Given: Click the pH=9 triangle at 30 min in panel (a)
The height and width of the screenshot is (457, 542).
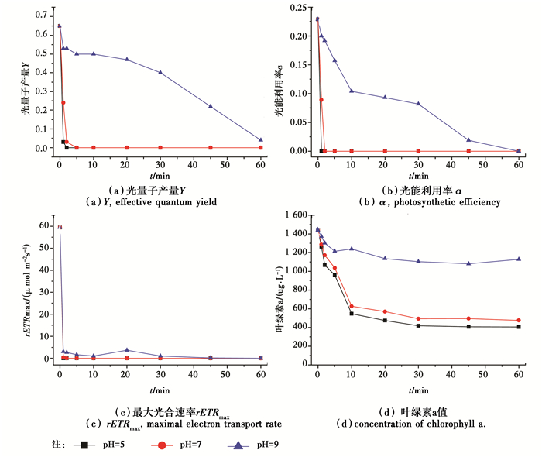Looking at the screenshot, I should [160, 72].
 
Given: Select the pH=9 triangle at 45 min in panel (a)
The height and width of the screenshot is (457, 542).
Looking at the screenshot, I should [211, 106].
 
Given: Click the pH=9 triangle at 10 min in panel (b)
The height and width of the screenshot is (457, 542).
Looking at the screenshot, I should [352, 91].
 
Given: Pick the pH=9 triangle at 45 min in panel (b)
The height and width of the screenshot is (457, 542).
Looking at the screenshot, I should [468, 140].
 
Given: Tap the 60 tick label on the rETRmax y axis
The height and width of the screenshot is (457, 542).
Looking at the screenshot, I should [43, 225].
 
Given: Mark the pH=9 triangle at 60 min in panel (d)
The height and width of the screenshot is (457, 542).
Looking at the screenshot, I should [519, 259].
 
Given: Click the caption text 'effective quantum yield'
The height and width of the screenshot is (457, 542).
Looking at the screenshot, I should [173, 202].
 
